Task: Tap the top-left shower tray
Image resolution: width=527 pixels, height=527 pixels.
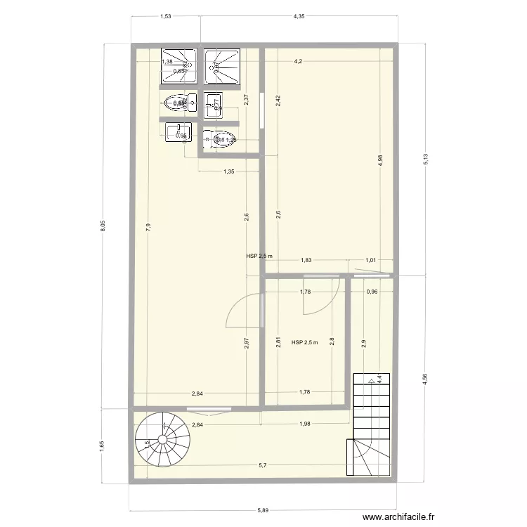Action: point(178,67)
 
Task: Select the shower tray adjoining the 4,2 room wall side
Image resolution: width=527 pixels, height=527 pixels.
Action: point(223,67)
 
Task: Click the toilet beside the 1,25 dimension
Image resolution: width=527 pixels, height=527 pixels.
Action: point(220,140)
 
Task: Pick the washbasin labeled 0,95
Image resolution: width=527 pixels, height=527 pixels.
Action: point(178,134)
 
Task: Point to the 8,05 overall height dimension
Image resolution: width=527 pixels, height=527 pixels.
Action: point(103,226)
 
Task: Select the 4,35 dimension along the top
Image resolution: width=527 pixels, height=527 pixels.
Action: point(299,15)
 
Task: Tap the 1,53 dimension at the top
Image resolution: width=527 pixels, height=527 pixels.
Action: point(166,15)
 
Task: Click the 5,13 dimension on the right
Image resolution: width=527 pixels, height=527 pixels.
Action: point(424,161)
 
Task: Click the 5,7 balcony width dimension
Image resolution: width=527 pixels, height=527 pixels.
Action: point(262,465)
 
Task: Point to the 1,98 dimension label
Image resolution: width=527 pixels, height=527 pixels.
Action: point(305,424)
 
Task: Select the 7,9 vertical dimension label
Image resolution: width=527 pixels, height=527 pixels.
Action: point(148,226)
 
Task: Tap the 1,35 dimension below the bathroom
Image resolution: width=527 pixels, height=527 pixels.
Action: point(229,171)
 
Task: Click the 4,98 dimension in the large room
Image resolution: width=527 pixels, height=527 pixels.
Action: point(380,160)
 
